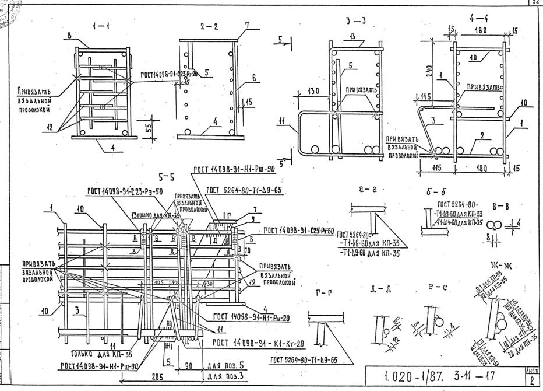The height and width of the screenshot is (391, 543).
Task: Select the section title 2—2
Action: (209, 26)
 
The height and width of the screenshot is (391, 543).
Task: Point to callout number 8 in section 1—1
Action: (69, 36)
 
